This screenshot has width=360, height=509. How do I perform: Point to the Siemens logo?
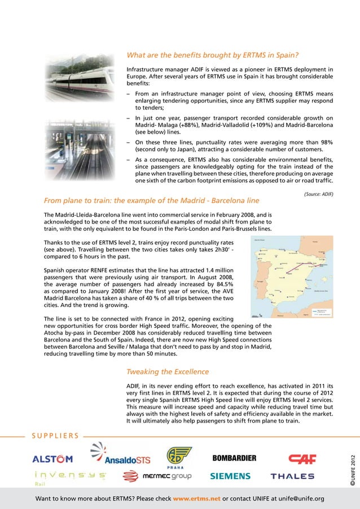coord(230,476)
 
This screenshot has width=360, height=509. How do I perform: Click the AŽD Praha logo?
coord(178,457)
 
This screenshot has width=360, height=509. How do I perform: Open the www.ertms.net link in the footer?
coord(196,499)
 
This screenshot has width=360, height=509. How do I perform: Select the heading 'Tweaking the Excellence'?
coord(168,372)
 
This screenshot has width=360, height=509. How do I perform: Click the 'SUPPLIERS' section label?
coord(55,436)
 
